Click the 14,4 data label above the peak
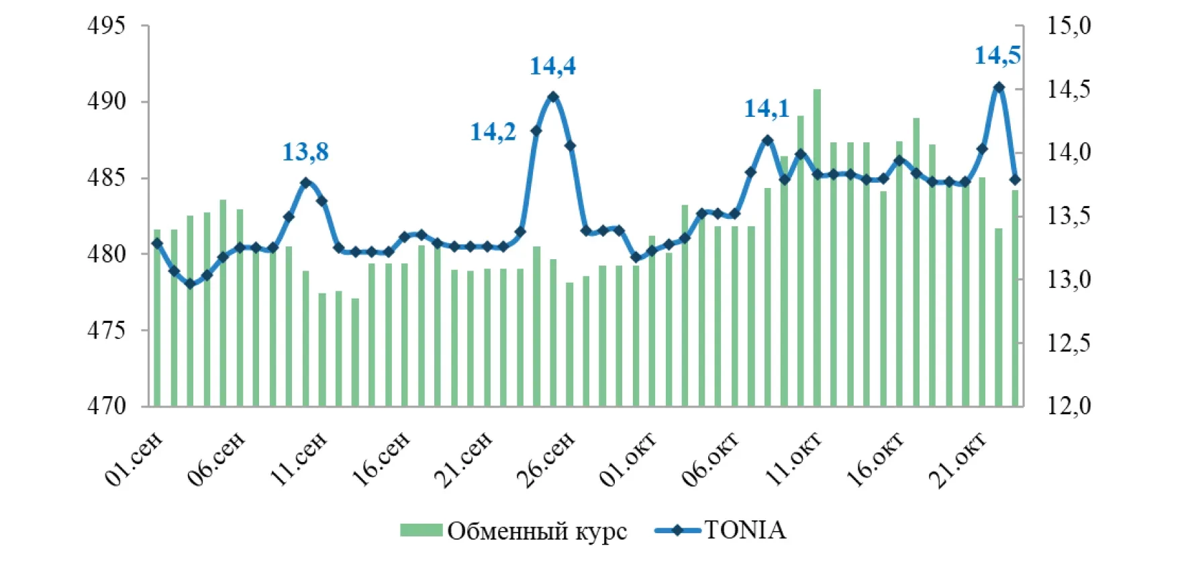[552, 66]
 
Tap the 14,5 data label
[997, 56]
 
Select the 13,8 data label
[305, 152]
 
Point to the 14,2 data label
[493, 132]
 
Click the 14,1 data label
[767, 109]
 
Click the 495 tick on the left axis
[107, 26]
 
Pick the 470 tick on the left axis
[107, 406]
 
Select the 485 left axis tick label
[107, 179]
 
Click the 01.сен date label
[134, 459]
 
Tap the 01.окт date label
[628, 459]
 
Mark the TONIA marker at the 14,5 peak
[999, 87]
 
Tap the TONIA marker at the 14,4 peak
[553, 97]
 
